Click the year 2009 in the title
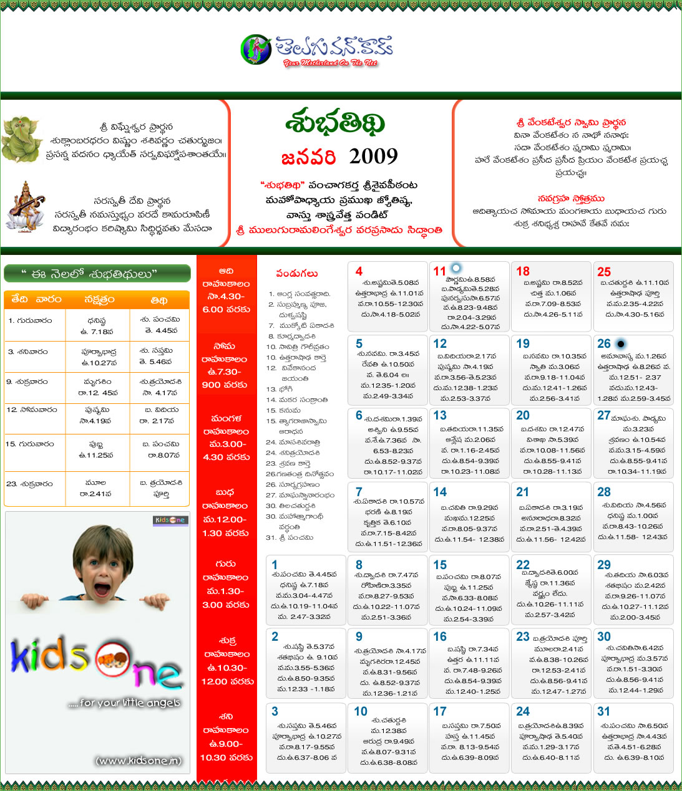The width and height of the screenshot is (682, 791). click(x=373, y=156)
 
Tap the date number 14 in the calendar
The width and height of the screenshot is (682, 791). click(x=440, y=492)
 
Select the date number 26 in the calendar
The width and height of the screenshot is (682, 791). click(x=604, y=343)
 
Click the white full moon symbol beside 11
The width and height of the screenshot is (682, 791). click(x=456, y=269)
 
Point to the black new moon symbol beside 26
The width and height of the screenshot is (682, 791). click(x=620, y=343)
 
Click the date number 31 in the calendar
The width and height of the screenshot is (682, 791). click(x=603, y=711)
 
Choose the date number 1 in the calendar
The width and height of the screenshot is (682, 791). click(x=275, y=565)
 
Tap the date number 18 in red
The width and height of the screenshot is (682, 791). click(x=523, y=271)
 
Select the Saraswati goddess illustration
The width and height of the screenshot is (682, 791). click(x=26, y=206)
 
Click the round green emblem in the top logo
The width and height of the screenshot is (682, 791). click(x=256, y=49)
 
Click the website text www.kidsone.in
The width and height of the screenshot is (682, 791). click(x=139, y=760)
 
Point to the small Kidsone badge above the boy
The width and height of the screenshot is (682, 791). click(x=170, y=520)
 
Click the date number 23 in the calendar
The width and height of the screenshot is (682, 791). click(x=523, y=636)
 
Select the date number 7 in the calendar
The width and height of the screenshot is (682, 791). click(x=359, y=492)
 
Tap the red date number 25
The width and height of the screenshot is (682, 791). click(x=604, y=271)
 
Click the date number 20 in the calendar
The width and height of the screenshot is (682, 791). click(x=523, y=415)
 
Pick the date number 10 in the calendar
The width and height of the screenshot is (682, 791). click(x=361, y=711)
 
